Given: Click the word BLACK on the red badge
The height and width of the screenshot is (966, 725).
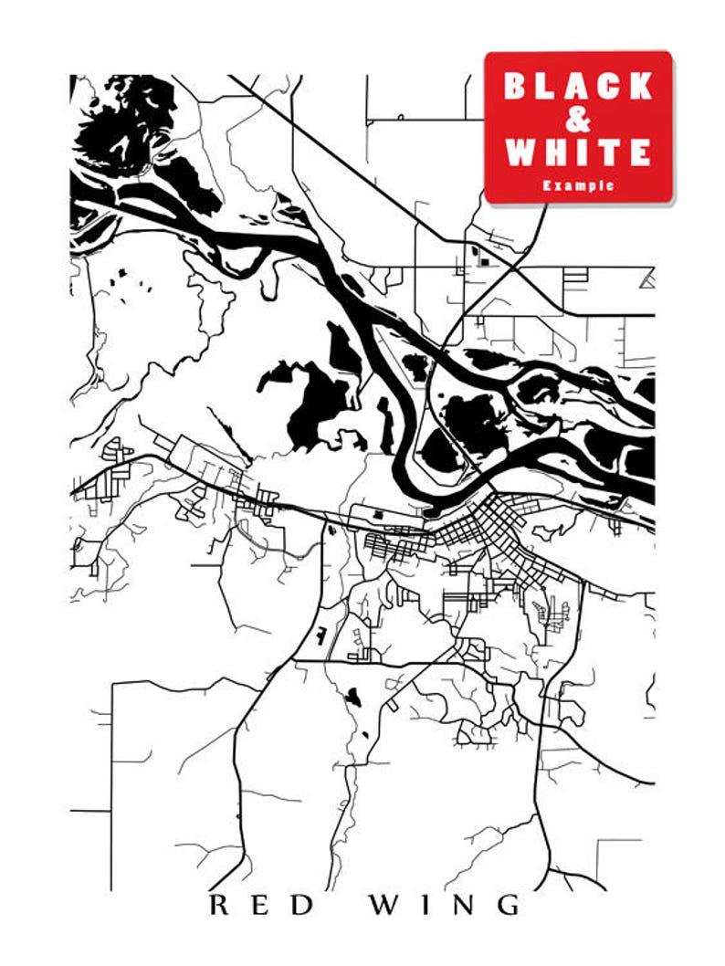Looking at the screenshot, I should [578, 86].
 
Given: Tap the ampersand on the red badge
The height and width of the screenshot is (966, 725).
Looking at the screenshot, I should [578, 119].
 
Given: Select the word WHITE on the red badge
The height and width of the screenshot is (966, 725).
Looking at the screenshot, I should [578, 152].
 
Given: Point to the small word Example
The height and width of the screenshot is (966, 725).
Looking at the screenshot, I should [578, 185].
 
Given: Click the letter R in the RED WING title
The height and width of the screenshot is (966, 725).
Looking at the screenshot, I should [219, 905].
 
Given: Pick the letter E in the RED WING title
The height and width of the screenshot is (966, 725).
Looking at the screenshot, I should [262, 905].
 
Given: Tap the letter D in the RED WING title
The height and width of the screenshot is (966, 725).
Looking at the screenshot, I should [304, 905].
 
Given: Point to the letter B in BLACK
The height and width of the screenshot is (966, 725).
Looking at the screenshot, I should [517, 86].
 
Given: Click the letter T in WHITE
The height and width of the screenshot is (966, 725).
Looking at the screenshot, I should [607, 152].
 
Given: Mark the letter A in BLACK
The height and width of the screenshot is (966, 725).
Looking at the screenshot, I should [578, 86].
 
